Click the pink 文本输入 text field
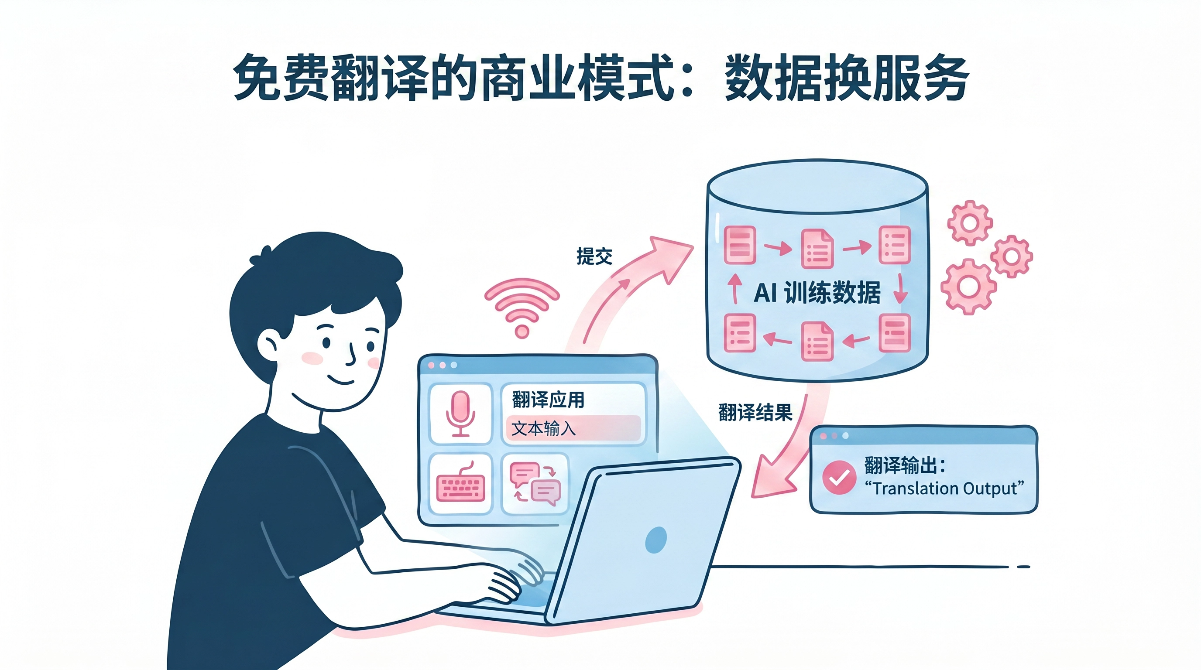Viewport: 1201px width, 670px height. click(x=573, y=428)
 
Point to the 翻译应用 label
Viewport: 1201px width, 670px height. click(x=548, y=400)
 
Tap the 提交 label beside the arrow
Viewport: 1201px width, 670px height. click(x=594, y=256)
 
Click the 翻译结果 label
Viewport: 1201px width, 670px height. click(x=755, y=412)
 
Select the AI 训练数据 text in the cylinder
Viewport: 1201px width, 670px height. click(x=817, y=293)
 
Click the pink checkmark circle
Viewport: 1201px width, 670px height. click(x=839, y=477)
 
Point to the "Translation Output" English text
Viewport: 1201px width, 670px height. click(x=944, y=488)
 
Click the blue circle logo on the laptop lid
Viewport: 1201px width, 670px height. click(x=656, y=540)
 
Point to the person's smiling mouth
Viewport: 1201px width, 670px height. click(x=340, y=381)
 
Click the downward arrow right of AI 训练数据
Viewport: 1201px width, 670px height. click(x=900, y=289)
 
